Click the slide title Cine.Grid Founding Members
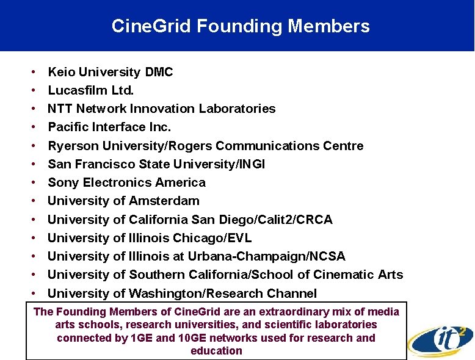240,26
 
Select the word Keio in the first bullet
62,72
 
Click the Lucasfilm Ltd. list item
90,90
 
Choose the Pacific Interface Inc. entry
109,127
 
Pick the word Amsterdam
164,201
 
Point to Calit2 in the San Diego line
282,219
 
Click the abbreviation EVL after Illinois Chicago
239,237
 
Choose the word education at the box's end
216,351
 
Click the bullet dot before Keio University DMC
33,72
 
